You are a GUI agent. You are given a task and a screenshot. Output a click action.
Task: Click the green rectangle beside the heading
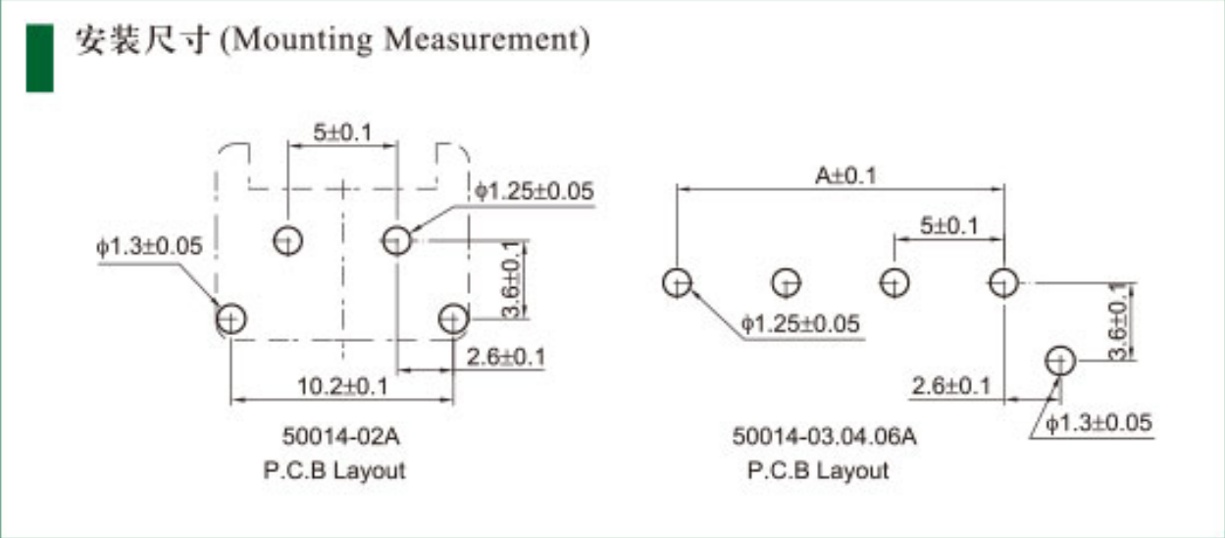(40, 58)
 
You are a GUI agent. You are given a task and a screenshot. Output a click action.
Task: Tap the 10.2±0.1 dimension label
(343, 386)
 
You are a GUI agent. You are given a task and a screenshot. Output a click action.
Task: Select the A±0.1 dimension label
(845, 175)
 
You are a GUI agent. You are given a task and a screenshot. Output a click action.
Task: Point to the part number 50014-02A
(340, 436)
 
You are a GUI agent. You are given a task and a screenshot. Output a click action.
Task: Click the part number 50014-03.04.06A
(824, 436)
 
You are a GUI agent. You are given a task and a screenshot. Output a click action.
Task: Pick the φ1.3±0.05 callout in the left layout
(149, 246)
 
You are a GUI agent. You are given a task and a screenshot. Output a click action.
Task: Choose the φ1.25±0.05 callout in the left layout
(535, 191)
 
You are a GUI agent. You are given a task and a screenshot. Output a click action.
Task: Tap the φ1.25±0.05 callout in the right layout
(800, 324)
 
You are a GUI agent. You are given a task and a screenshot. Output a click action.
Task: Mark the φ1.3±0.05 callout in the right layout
(1098, 422)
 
